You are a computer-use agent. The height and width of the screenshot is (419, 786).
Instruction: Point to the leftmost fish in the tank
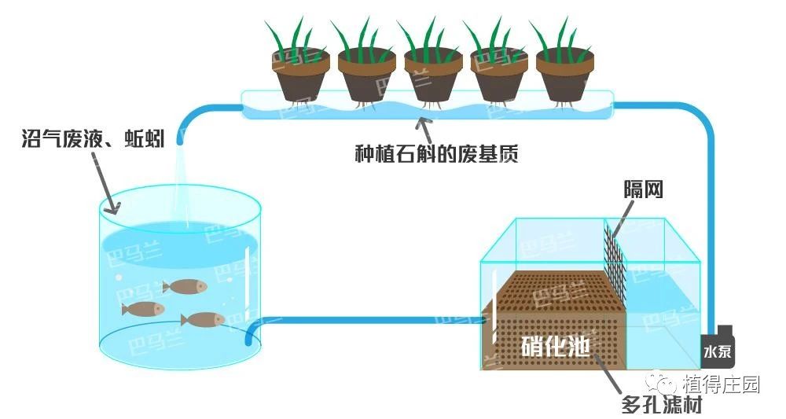click(143, 308)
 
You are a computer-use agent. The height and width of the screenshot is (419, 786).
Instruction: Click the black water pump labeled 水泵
click(718, 346)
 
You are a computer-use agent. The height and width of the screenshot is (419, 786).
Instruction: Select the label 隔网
click(641, 189)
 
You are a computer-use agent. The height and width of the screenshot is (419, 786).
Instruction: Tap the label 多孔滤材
click(660, 406)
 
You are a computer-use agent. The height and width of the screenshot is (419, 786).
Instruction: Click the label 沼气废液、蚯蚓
click(94, 141)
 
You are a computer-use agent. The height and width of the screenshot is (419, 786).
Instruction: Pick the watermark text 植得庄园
click(721, 384)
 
